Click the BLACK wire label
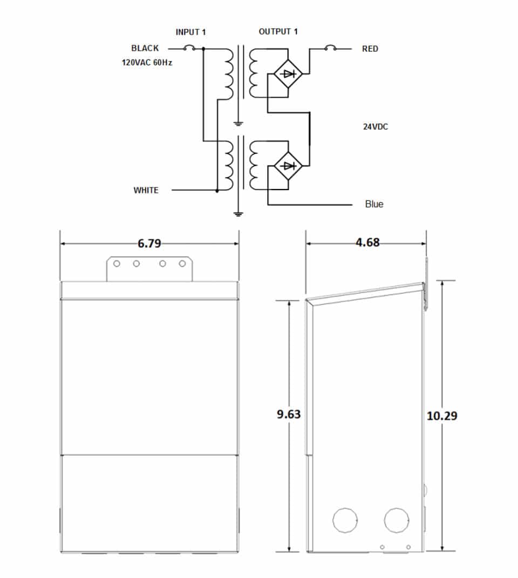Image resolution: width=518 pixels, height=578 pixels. click(x=145, y=49)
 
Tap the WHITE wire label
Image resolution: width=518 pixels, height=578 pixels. click(x=146, y=190)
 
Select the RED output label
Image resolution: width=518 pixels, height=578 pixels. click(x=370, y=49)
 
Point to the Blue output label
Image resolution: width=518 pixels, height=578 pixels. click(x=374, y=204)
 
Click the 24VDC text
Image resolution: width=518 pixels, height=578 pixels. click(x=376, y=127)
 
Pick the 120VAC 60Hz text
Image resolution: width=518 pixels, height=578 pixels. click(x=147, y=63)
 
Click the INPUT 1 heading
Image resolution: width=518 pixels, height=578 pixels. click(x=191, y=32)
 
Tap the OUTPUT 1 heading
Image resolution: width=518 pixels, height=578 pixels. click(x=278, y=32)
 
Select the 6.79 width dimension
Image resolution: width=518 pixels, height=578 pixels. click(x=149, y=244)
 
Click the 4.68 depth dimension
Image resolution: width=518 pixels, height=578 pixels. click(x=367, y=243)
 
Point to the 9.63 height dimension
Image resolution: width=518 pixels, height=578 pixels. click(x=289, y=414)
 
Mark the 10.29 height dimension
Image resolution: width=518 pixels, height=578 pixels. click(x=442, y=416)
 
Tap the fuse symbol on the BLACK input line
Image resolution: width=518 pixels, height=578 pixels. click(x=189, y=49)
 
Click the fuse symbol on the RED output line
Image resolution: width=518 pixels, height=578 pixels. click(x=330, y=49)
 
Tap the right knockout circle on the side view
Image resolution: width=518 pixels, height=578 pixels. click(x=397, y=520)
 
